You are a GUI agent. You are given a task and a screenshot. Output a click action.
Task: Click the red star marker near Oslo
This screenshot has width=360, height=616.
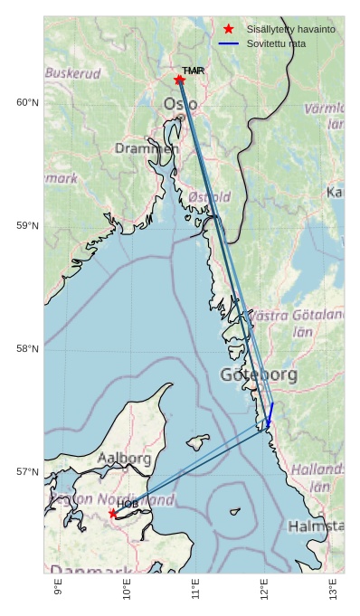[x=179, y=80]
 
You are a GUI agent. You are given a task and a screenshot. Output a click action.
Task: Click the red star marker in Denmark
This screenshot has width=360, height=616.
[x=113, y=514]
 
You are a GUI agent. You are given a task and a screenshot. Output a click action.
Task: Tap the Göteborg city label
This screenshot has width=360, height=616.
[x=259, y=374]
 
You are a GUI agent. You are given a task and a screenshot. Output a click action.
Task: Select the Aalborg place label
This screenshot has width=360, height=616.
[x=124, y=459]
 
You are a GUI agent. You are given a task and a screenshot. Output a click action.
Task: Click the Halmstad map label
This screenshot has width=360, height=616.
[x=316, y=526]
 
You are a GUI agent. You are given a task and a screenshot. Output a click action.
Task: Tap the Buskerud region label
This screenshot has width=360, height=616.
[x=72, y=72]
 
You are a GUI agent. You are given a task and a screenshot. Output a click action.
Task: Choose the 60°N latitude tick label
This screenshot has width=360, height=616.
[x=27, y=102]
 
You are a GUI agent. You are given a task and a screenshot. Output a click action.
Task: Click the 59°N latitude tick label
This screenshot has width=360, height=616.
[x=27, y=225]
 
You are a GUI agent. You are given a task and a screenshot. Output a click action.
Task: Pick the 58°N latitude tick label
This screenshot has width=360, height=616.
[x=27, y=348]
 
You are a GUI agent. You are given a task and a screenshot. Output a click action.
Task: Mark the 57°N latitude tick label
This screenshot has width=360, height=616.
[x=27, y=471]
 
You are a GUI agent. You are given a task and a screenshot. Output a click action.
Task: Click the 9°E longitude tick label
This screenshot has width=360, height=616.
[x=58, y=589]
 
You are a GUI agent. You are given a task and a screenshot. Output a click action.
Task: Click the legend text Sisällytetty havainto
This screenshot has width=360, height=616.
[x=290, y=29]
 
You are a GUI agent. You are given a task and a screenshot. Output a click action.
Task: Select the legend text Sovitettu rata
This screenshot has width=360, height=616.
[x=276, y=43]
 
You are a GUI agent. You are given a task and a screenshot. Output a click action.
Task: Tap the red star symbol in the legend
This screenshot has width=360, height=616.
[x=228, y=29]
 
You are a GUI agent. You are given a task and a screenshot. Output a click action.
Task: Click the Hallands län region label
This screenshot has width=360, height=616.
[x=317, y=478]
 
